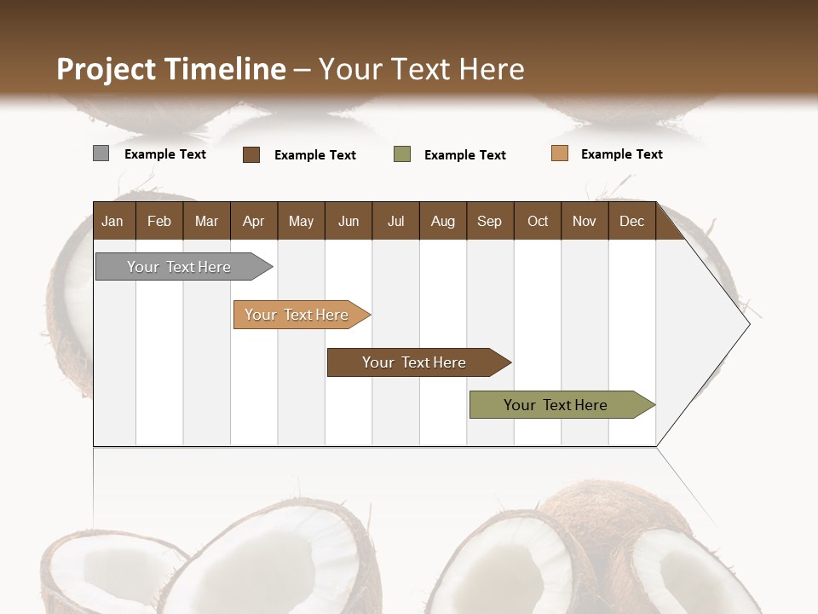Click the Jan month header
[x=113, y=221]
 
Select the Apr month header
[x=253, y=221]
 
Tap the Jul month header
[x=395, y=221]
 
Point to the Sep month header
[x=489, y=221]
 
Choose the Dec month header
[x=631, y=221]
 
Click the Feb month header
[x=159, y=221]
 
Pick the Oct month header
[x=538, y=221]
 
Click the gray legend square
[x=101, y=153]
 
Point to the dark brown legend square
[x=251, y=154]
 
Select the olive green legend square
[x=402, y=154]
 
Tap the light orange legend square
[x=559, y=153]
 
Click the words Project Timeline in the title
[x=171, y=69]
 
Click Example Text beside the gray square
[x=165, y=154]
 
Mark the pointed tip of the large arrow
[x=748, y=324]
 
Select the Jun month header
[x=349, y=221]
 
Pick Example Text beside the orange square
[x=621, y=154]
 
